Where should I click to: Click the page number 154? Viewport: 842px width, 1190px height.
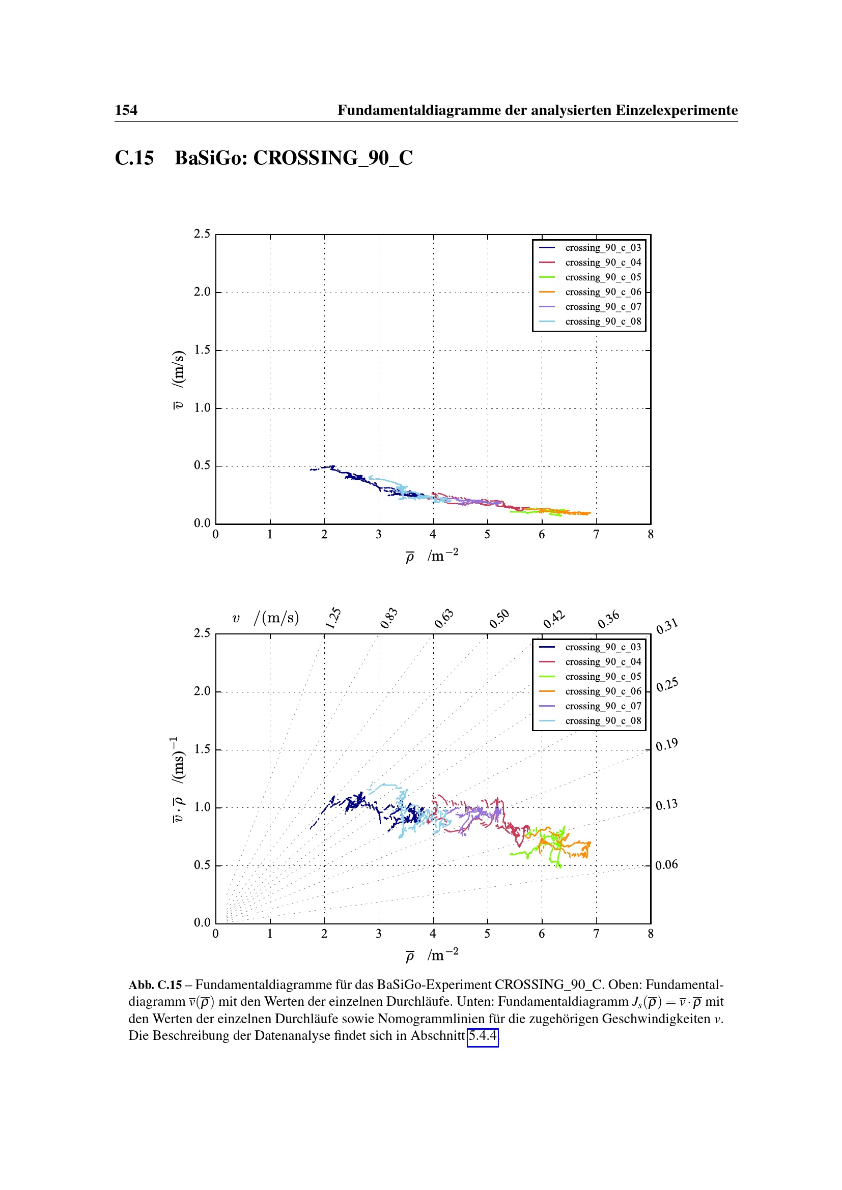click(126, 110)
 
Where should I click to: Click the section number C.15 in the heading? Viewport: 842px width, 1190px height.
click(134, 158)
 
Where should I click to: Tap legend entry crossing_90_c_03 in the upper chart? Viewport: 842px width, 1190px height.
click(603, 248)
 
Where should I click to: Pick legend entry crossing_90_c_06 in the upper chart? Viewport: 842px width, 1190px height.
click(603, 292)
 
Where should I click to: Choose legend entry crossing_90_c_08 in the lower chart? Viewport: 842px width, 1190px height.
click(603, 721)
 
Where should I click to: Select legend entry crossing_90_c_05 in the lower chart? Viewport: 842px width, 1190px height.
click(603, 676)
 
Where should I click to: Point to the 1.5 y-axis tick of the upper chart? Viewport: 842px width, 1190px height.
click(202, 350)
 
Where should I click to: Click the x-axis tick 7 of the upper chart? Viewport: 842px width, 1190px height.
click(596, 534)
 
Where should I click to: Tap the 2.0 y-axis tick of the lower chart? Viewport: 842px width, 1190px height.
click(202, 691)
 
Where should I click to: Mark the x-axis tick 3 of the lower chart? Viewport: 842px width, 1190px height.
click(378, 934)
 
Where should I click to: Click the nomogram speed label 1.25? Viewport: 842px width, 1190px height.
click(333, 618)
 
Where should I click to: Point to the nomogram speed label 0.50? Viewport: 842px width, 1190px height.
click(499, 619)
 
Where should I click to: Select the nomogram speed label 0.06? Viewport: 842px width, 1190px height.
click(666, 864)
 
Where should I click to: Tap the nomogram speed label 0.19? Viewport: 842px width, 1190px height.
click(666, 745)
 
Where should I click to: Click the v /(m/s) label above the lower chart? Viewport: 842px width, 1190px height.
click(265, 618)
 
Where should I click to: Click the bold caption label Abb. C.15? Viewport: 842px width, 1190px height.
click(155, 985)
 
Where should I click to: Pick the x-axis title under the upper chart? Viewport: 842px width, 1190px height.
click(432, 556)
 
